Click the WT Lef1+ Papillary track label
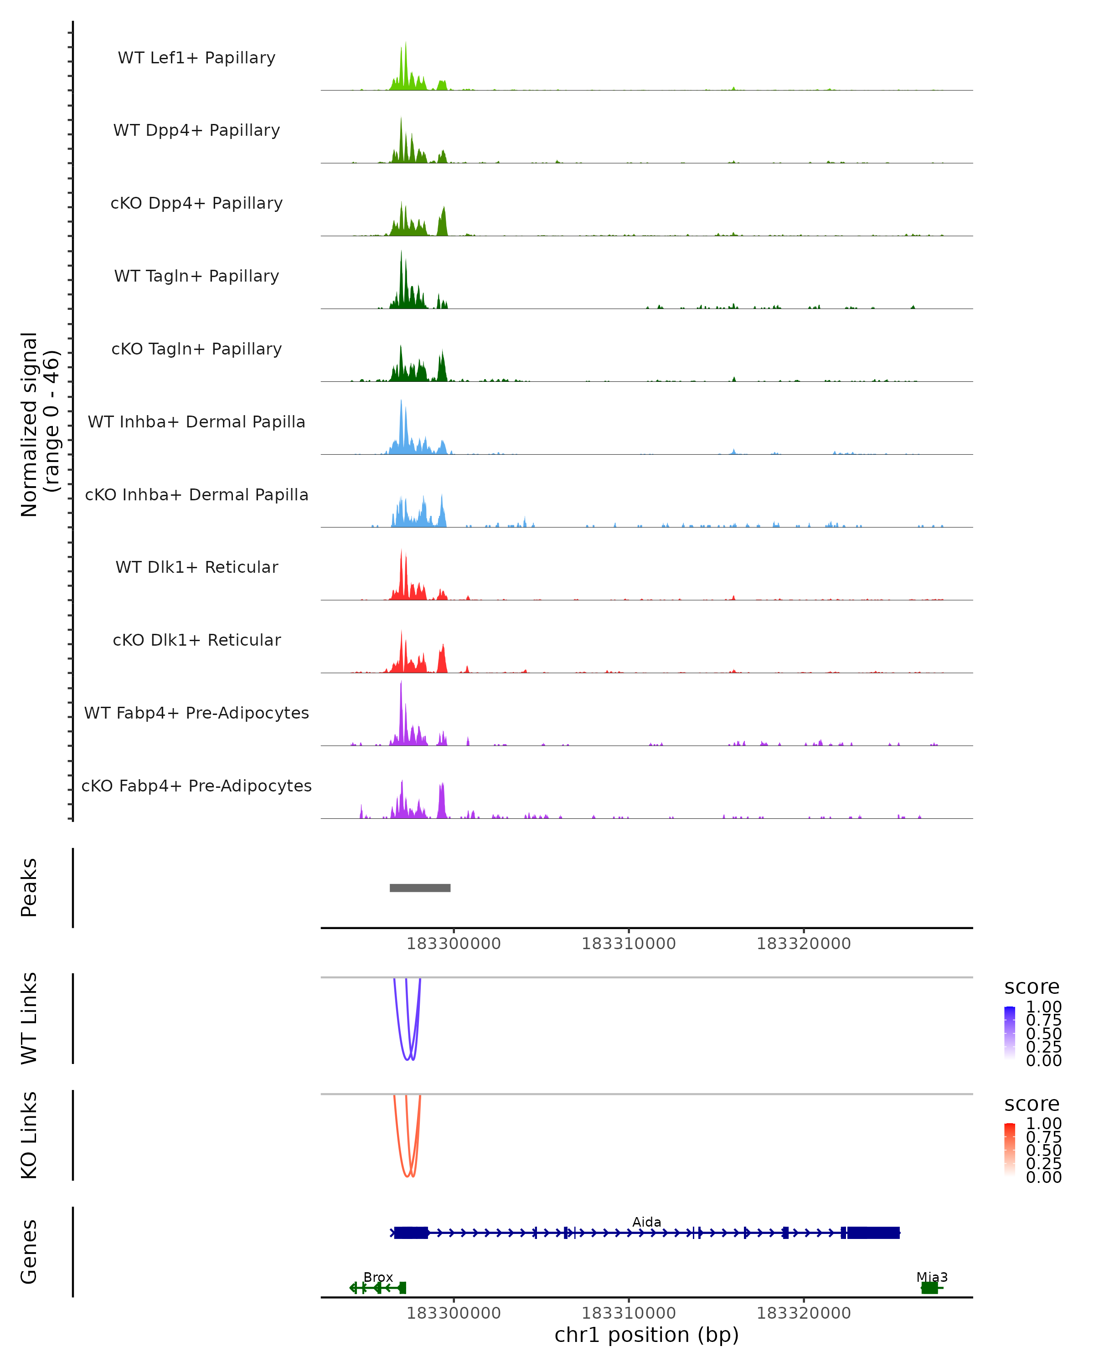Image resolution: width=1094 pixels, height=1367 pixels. point(196,58)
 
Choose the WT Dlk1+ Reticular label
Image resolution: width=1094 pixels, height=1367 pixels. point(196,567)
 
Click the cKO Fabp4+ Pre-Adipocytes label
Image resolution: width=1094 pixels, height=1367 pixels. point(196,786)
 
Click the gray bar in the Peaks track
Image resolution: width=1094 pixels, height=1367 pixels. point(420,888)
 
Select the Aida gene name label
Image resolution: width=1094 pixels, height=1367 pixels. point(646,1222)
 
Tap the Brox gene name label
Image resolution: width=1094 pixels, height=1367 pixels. point(378,1277)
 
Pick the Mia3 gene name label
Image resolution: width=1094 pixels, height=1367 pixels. point(932,1277)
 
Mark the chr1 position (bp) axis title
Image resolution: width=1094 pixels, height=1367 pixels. point(646,1335)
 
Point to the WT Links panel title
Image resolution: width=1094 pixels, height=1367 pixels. point(29,1018)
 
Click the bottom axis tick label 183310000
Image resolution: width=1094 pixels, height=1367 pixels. point(629,1313)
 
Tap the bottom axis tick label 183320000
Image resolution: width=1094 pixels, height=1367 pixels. point(804,1313)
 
